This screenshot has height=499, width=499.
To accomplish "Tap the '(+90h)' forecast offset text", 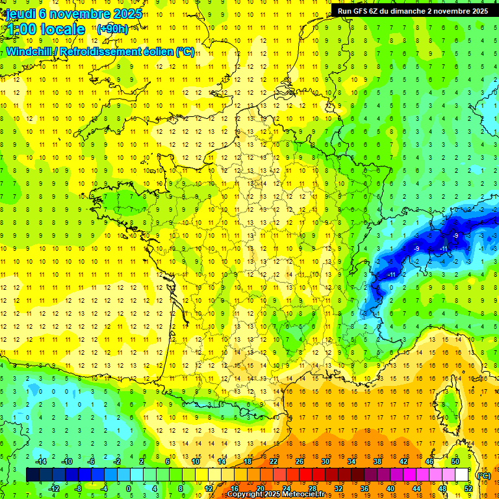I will (x=112, y=29).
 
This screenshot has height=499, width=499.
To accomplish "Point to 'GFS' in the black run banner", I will (x=365, y=11).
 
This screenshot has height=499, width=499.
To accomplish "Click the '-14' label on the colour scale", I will (x=40, y=461).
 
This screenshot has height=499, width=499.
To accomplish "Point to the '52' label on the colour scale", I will (x=468, y=488).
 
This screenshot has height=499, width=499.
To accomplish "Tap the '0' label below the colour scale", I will (x=129, y=488).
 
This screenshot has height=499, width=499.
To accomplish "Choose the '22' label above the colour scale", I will (x=274, y=461).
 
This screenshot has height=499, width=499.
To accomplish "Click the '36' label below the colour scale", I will (x=365, y=488).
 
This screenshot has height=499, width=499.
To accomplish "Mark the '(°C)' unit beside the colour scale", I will (x=483, y=476).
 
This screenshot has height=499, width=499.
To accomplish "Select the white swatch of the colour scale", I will (x=462, y=475).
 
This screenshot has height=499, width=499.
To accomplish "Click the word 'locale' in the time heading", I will (x=61, y=29).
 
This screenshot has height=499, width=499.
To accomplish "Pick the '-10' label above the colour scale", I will (x=66, y=461).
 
